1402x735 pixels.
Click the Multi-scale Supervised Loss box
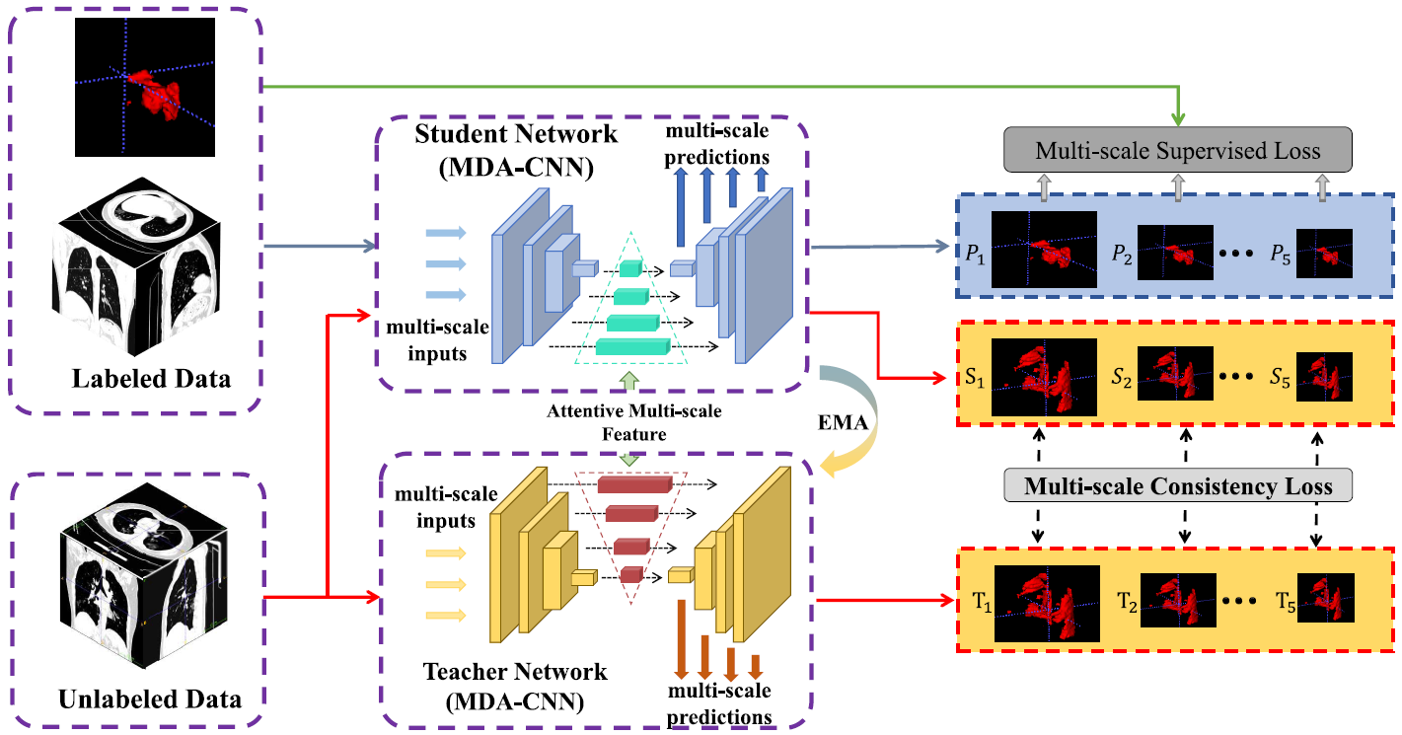[1177, 151]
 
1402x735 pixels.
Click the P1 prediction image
[1044, 250]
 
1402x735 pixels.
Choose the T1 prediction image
[1046, 606]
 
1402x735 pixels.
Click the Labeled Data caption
[151, 378]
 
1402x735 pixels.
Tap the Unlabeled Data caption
[150, 699]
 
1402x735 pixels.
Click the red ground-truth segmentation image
[145, 87]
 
